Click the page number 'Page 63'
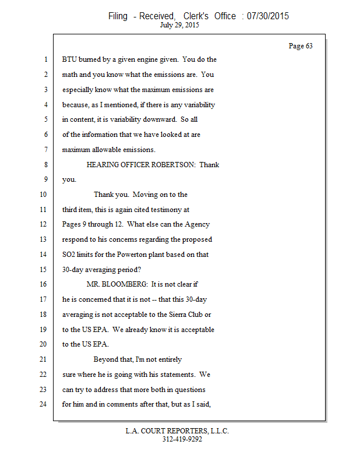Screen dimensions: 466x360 click(301, 46)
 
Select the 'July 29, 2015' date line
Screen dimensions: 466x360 click(178, 26)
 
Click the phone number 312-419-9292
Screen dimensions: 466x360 click(182, 439)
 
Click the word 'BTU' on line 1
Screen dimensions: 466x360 click(70, 59)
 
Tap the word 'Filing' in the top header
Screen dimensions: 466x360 click(118, 16)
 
